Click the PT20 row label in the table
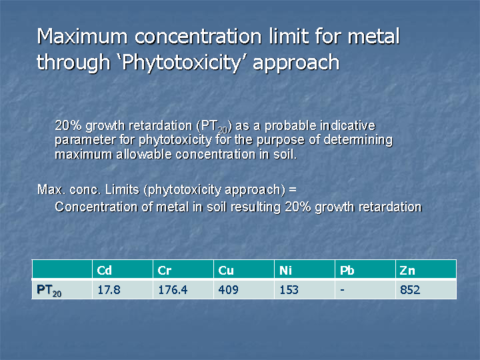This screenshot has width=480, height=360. click(49, 290)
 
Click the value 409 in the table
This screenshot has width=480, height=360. click(229, 289)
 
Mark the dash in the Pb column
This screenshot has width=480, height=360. click(342, 290)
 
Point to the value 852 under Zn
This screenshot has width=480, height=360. click(410, 289)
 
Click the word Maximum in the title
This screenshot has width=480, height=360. click(82, 37)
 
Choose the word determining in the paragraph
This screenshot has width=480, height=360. click(358, 141)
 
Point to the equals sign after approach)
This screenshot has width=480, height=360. click(293, 190)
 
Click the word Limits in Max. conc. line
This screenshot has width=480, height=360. click(122, 189)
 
